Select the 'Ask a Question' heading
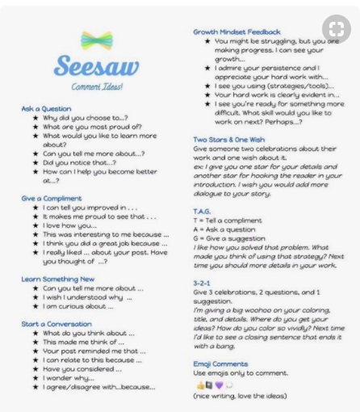coord(46,108)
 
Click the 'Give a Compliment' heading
coord(53,198)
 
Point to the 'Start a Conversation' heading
coord(60,323)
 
